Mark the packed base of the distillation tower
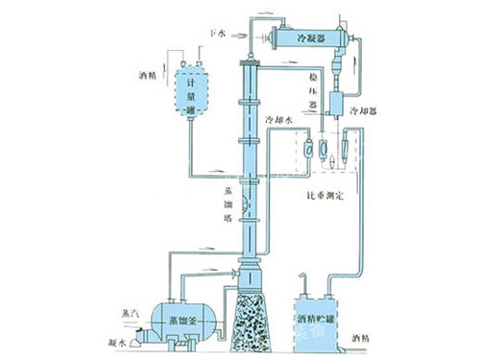coord(252,321)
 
